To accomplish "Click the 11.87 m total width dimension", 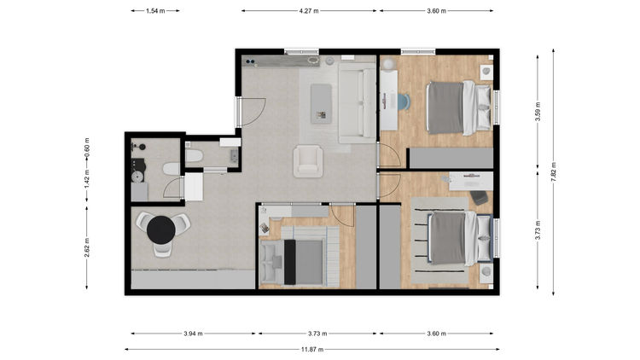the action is click(312, 350).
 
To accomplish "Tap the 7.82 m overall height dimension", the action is click(554, 171).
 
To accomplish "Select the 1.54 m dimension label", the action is click(155, 11).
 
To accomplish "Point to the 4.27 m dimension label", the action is click(309, 11).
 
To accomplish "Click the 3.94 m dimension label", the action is click(193, 334).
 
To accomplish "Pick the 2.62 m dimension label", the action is click(87, 247).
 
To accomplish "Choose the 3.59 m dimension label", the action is click(538, 112).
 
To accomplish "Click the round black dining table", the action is click(161, 229).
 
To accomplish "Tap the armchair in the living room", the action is click(308, 161).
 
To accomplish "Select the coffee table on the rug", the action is click(321, 103).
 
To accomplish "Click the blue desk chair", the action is click(404, 102).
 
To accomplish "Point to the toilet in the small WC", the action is click(195, 155).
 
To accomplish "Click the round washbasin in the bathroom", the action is click(137, 177).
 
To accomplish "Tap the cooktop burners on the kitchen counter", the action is click(250, 61).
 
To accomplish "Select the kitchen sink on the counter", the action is click(312, 61).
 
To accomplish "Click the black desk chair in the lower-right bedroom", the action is click(480, 198).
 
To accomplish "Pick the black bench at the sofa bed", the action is click(290, 262).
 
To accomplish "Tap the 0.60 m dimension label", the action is click(87, 148).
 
